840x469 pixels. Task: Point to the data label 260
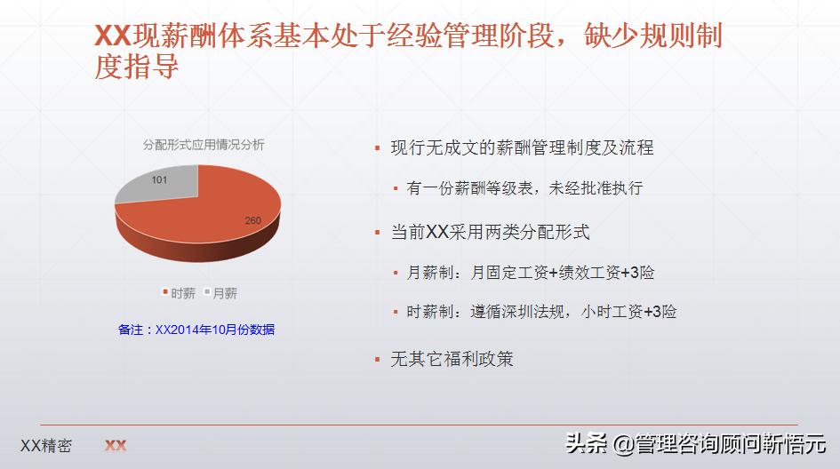(x=253, y=220)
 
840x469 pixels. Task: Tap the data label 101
(x=159, y=179)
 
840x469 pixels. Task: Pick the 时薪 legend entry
(x=179, y=292)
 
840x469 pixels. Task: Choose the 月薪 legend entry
(x=220, y=292)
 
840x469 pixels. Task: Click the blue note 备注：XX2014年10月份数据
(x=196, y=330)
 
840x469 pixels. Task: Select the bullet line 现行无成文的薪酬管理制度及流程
(x=522, y=147)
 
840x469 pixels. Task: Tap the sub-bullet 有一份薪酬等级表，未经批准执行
(x=524, y=188)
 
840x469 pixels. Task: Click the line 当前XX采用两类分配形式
(x=490, y=232)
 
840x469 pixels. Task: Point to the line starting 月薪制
(x=531, y=273)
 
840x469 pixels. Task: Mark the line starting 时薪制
(x=541, y=312)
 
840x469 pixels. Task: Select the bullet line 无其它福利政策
(x=452, y=359)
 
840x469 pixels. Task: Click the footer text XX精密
(x=46, y=446)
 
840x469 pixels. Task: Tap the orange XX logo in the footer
(x=116, y=446)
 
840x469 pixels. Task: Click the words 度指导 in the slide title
(x=137, y=67)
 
